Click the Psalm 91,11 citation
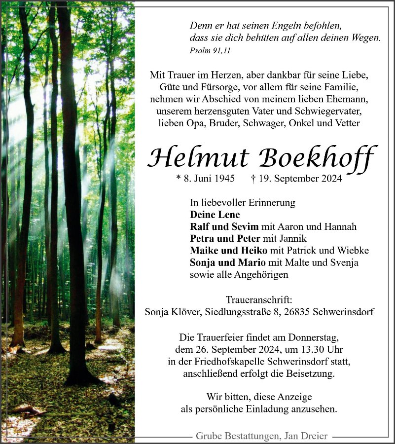pos(210,50)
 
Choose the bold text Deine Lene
pos(215,215)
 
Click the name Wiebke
pos(352,251)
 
